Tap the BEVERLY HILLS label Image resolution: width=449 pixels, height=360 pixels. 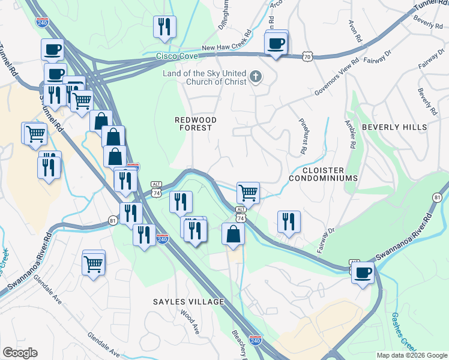394,127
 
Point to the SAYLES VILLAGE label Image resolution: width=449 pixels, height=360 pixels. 188,302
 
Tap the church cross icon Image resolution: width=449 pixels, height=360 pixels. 256,76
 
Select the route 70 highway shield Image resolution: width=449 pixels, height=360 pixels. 307,55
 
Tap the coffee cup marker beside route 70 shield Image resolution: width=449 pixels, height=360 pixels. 276,44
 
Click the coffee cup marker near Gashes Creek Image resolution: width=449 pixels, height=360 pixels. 363,273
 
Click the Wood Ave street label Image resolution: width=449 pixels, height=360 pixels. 190,320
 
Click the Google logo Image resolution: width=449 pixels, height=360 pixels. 20,353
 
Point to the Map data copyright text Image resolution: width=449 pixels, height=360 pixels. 411,355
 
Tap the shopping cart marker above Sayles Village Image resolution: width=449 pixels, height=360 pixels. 94,263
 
